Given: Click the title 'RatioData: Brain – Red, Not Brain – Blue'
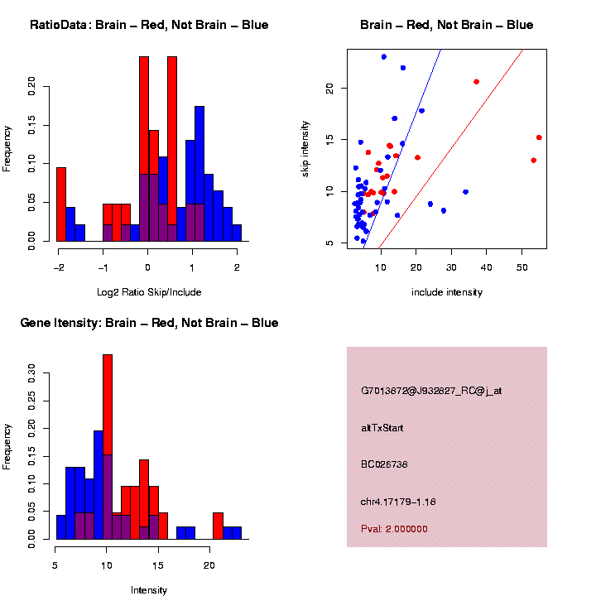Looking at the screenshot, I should (x=149, y=25).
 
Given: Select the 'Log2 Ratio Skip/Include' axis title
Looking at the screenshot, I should (x=149, y=291).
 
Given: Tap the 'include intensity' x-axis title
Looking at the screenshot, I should (x=446, y=291).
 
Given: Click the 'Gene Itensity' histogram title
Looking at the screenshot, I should (x=149, y=323).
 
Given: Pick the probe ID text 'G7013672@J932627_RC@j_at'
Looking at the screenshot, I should (x=431, y=391).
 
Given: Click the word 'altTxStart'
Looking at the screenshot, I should (x=382, y=428).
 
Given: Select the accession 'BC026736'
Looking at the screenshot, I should (x=384, y=464).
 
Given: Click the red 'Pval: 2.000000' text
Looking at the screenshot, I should (x=394, y=528).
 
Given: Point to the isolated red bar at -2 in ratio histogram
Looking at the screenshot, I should (x=61, y=204).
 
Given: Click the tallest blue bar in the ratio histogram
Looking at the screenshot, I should (x=199, y=173).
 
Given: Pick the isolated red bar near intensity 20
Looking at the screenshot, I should (x=218, y=526).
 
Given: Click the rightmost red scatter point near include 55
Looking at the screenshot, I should (x=539, y=137).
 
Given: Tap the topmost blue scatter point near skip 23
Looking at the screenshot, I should (x=384, y=56).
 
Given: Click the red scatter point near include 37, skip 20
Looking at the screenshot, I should (x=476, y=81).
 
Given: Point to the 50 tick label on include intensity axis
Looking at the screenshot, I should (x=521, y=267).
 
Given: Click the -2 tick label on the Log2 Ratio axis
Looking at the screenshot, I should (x=58, y=267).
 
